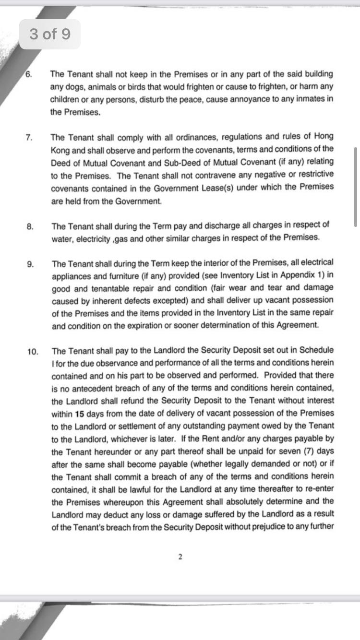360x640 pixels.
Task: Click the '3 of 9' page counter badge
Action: click(50, 34)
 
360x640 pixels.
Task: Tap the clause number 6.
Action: click(28, 74)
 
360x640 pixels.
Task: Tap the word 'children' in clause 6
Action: click(65, 99)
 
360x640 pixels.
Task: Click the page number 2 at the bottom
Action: click(180, 557)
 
